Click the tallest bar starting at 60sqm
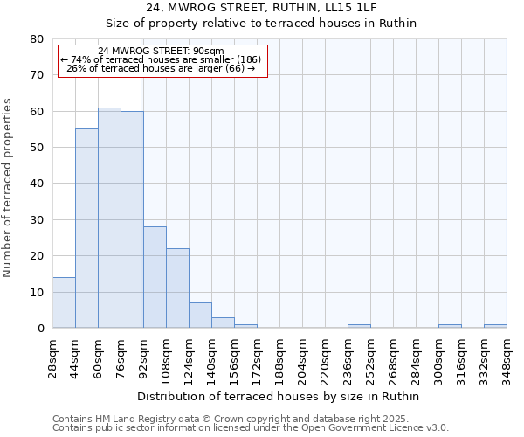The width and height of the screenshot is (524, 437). click(x=109, y=218)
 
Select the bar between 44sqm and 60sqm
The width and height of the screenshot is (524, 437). click(x=86, y=229)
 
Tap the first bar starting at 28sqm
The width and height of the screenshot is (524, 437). click(x=64, y=302)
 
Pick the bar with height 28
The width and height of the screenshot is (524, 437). click(x=155, y=278)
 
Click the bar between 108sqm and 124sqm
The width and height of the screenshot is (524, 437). click(x=177, y=288)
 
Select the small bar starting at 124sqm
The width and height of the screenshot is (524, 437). click(x=200, y=316)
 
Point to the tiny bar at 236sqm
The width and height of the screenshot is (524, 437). click(x=359, y=326)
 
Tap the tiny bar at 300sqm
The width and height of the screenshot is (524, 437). click(x=450, y=326)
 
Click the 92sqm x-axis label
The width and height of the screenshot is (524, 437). click(x=143, y=357)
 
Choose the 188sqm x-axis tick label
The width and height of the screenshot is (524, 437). click(x=279, y=357)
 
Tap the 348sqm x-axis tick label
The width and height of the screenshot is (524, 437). click(x=507, y=357)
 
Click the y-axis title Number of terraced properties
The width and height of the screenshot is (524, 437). click(x=8, y=187)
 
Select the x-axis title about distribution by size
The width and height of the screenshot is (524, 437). click(x=279, y=396)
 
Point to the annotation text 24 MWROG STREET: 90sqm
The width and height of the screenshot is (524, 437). click(x=162, y=51)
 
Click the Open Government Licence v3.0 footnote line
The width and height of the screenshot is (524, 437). click(x=251, y=427)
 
